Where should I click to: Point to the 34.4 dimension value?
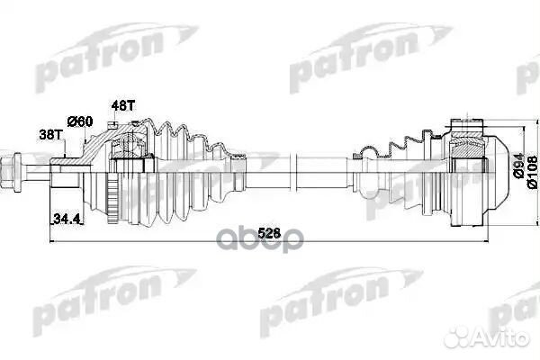[63, 218]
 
